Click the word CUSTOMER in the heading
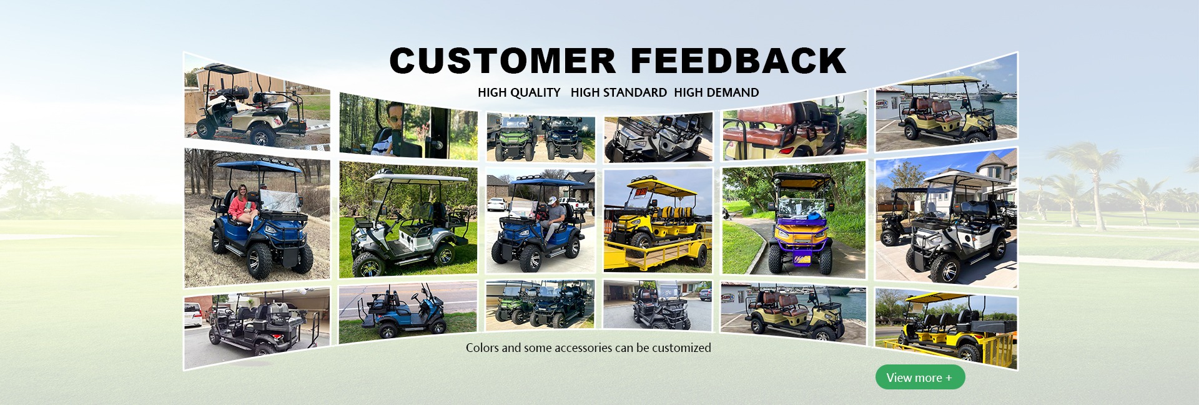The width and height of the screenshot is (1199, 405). [x=503, y=61]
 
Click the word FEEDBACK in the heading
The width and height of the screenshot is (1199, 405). [x=739, y=61]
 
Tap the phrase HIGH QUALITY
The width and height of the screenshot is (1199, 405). [x=519, y=92]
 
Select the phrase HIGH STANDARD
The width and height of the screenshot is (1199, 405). [x=619, y=92]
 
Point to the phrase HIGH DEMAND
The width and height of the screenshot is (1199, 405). [x=716, y=92]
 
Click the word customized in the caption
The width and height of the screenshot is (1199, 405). [x=681, y=348]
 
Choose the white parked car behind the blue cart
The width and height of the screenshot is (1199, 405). [x=497, y=203]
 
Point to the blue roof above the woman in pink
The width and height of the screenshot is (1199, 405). [x=258, y=166]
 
